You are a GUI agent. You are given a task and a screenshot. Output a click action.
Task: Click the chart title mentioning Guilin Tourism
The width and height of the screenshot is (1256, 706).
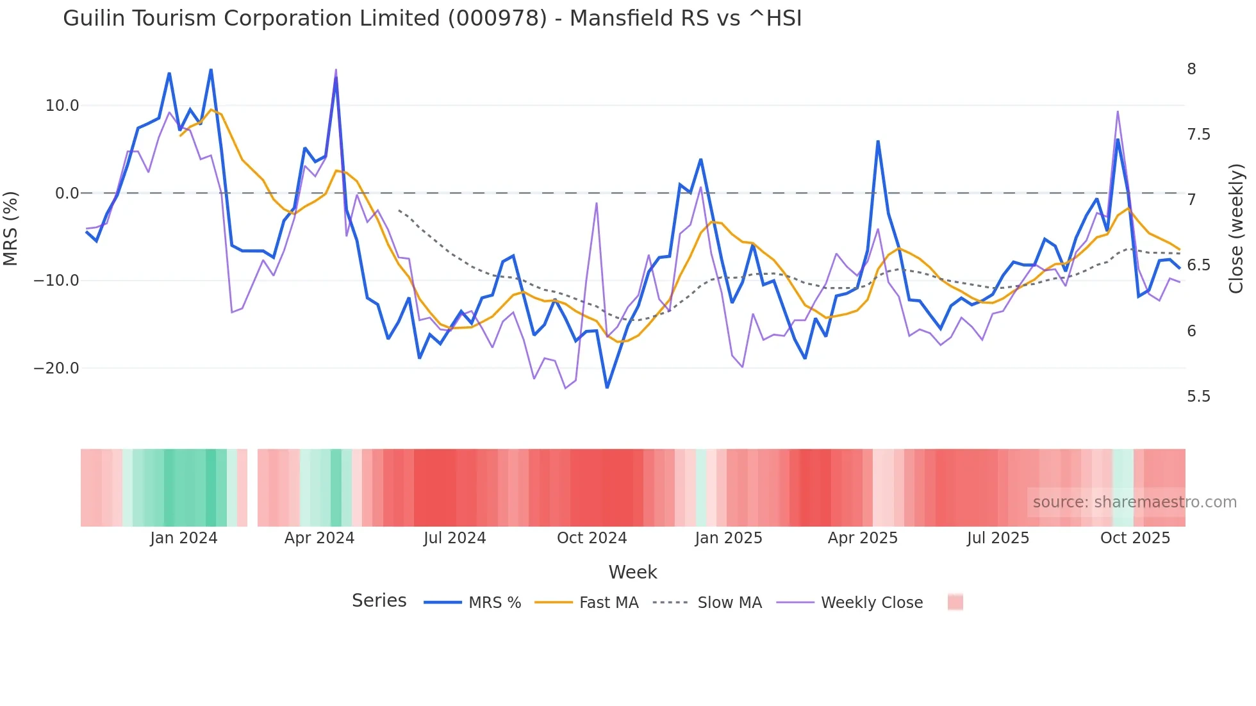[432, 19]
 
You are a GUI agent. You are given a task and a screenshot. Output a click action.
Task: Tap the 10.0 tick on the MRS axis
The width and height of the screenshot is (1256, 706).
[62, 106]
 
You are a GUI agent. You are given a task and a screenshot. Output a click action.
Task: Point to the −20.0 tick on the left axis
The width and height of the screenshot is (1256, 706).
[56, 368]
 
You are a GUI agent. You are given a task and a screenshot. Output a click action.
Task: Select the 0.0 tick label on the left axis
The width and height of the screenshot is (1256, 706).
[67, 193]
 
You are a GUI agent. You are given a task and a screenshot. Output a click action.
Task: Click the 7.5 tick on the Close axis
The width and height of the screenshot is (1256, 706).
[1198, 135]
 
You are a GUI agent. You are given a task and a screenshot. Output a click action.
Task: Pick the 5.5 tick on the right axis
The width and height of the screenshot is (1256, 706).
[1198, 397]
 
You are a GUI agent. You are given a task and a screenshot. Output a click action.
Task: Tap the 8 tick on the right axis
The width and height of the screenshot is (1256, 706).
[1191, 69]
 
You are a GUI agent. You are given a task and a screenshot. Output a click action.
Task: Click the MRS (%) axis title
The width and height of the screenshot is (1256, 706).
[10, 229]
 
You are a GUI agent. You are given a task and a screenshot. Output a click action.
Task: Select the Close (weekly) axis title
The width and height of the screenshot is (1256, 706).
[1235, 229]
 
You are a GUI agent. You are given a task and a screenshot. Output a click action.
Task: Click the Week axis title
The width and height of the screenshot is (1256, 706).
[632, 572]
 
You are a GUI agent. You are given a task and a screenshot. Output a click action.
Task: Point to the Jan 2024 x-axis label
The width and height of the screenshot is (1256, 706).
[184, 538]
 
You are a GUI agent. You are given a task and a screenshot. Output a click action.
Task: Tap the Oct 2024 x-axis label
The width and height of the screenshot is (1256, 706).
[591, 538]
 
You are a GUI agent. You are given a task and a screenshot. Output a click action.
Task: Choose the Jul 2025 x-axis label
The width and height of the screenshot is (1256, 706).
[998, 538]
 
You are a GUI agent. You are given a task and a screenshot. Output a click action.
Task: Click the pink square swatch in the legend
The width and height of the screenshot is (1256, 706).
[955, 602]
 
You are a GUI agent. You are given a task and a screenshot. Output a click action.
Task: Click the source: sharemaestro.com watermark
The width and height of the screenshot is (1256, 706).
[1134, 502]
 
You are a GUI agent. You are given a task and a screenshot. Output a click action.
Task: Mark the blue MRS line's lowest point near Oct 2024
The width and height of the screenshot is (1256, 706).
[607, 387]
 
